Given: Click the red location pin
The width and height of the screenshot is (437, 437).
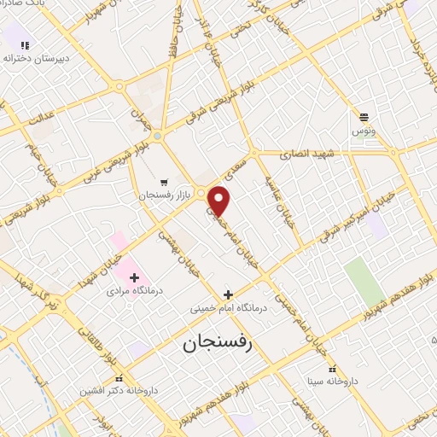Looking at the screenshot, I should click(x=220, y=200).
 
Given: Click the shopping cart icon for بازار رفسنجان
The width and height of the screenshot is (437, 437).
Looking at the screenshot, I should click(x=163, y=183).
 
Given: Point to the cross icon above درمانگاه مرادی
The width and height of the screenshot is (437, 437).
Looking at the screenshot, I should click(x=134, y=277).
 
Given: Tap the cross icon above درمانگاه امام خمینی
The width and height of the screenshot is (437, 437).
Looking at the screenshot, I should click(x=227, y=294).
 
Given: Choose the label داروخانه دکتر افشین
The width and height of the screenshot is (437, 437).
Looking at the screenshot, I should click(x=119, y=390).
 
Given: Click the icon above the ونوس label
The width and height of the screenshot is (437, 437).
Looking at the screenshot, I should click(x=364, y=118).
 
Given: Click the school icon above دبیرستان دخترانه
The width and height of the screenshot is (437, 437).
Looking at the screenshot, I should click(x=25, y=45).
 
